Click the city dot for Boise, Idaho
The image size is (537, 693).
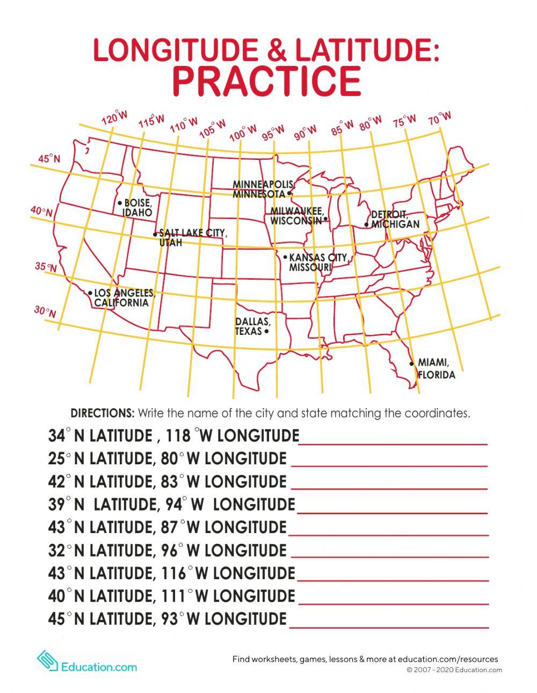pyautogui.click(x=120, y=203)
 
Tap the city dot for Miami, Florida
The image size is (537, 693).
pyautogui.click(x=411, y=363)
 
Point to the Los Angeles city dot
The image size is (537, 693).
pyautogui.click(x=90, y=293)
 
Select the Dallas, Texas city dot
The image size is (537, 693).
pyautogui.click(x=267, y=332)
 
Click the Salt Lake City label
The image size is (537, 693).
pyautogui.click(x=192, y=238)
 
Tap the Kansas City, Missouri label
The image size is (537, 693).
pyautogui.click(x=318, y=262)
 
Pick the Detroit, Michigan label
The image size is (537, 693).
pyautogui.click(x=395, y=220)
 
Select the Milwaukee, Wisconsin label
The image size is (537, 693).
pyautogui.click(x=296, y=216)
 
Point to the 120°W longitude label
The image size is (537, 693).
pyautogui.click(x=115, y=118)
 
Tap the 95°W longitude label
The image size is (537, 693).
pyautogui.click(x=273, y=132)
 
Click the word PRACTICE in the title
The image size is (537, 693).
pyautogui.click(x=267, y=81)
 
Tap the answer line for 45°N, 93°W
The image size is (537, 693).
pyautogui.click(x=389, y=626)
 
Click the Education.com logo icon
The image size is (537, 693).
pyautogui.click(x=47, y=661)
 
